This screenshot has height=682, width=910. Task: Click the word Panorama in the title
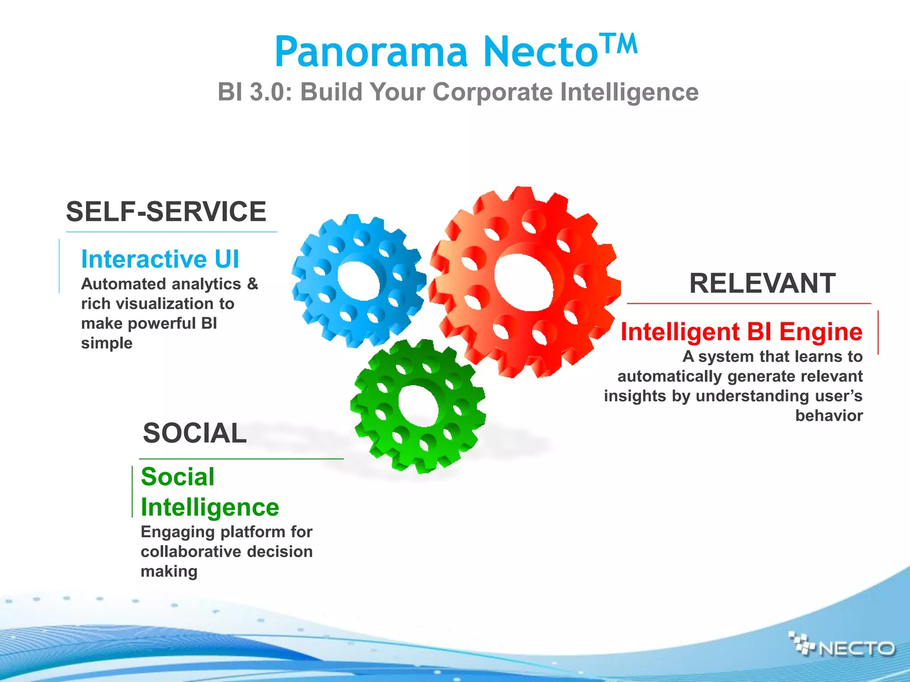pos(371,52)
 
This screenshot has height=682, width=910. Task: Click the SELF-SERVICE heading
pos(166,211)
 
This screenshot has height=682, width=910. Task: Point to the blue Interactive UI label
pos(160,259)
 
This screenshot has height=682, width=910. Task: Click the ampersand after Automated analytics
pos(252,284)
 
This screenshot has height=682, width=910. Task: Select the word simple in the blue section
pos(107,343)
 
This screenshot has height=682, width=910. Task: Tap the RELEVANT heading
pos(762,283)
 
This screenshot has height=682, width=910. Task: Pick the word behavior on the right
pos(829,416)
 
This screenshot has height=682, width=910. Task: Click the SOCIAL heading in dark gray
pos(195,433)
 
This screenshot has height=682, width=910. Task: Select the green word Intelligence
pos(210,507)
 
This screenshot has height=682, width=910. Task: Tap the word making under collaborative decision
pos(169,571)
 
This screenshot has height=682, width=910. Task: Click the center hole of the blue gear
pos(358,281)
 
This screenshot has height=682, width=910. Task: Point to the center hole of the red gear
pos(524,282)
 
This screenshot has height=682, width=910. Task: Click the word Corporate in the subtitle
pos(492,92)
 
